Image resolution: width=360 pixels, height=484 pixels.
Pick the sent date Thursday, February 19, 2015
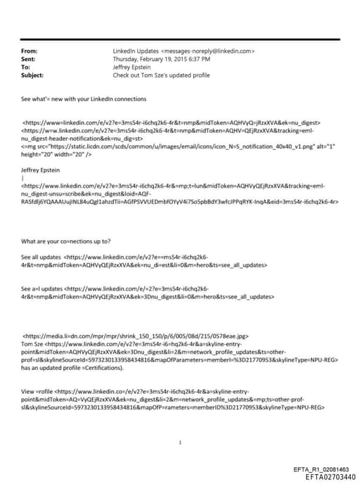(150, 59)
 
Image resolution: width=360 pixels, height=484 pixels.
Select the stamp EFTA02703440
(330, 476)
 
